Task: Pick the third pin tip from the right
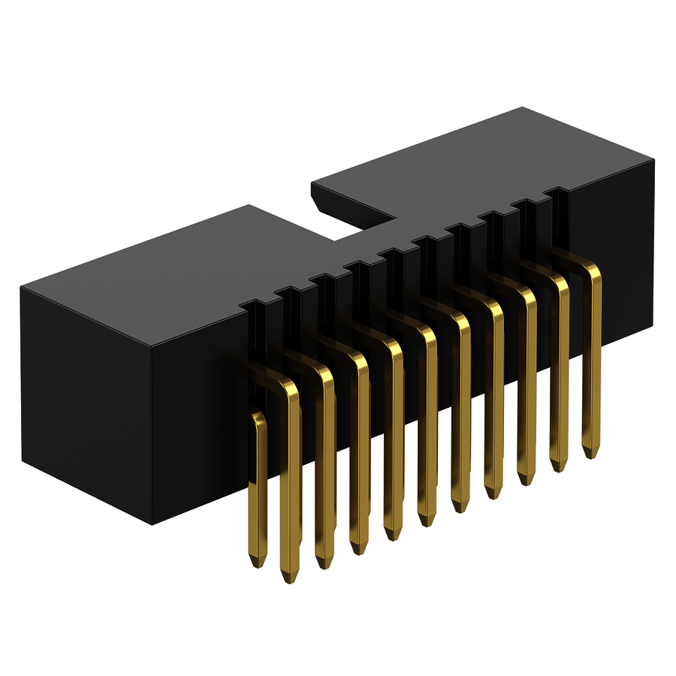(524, 478)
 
